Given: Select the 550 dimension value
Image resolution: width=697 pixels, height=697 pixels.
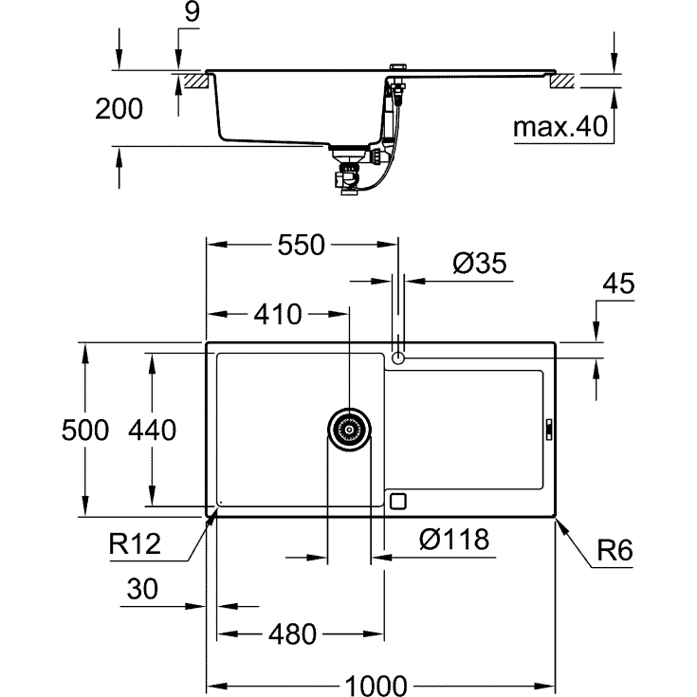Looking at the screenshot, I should click(301, 246).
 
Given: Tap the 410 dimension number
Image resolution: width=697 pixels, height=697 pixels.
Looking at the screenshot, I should click(276, 314).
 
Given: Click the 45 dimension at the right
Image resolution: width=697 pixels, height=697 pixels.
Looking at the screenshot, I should click(618, 284).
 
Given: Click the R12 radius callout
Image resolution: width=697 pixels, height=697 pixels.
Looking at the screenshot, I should click(134, 544).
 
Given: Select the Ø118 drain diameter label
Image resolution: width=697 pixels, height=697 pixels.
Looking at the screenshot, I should click(452, 540).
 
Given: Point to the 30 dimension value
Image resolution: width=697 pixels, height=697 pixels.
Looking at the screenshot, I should click(140, 590).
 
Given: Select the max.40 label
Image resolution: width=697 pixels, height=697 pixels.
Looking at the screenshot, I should click(559, 126).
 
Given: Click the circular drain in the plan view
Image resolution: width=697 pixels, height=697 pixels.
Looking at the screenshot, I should click(349, 430).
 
